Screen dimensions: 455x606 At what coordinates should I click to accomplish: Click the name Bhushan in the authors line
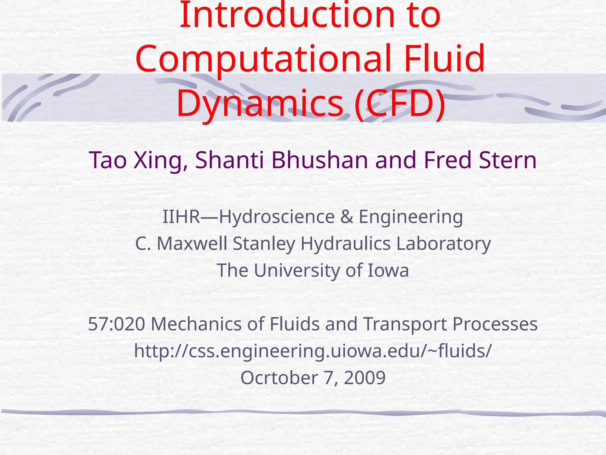tap(320, 160)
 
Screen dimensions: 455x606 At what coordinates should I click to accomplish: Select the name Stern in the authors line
tap(507, 160)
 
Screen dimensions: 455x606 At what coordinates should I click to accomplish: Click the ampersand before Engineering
tap(347, 217)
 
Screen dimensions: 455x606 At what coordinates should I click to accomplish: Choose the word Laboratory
tap(444, 244)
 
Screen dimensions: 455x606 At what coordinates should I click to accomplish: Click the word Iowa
tap(388, 270)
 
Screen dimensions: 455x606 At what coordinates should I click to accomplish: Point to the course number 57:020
tap(117, 324)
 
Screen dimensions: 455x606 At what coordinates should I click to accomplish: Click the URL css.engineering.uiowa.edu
tap(312, 351)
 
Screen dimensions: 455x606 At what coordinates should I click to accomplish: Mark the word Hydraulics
tap(346, 244)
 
